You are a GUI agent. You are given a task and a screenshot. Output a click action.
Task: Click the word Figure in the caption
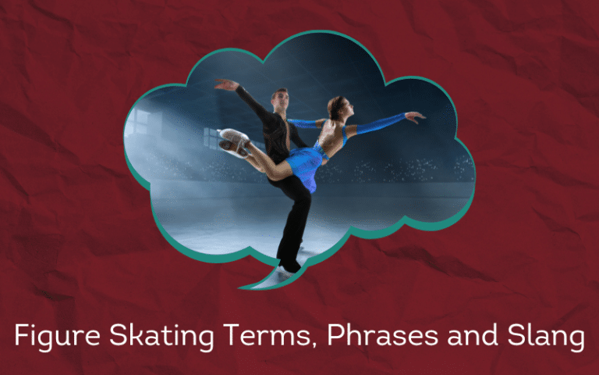tap(57, 337)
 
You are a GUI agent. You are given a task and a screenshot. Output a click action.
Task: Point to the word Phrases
tap(382, 334)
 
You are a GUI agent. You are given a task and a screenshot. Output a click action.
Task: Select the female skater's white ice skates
tap(234, 143)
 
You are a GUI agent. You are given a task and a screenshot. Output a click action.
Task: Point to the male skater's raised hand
tap(226, 84)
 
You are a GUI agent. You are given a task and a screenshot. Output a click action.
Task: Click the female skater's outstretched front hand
tap(416, 116)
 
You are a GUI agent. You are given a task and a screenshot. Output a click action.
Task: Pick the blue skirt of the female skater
tap(306, 166)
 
